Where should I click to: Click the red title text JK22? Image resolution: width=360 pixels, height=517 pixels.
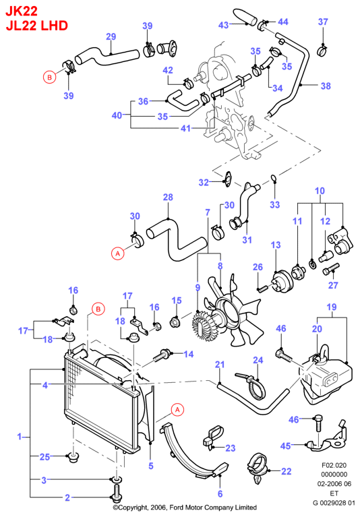click(x=22, y=11)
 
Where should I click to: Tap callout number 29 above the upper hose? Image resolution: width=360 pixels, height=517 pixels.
click(x=111, y=36)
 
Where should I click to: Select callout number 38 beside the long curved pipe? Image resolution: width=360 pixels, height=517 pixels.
click(x=326, y=86)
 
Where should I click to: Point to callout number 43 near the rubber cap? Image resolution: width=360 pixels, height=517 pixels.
click(x=224, y=25)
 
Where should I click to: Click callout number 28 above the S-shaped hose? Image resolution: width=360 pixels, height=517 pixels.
click(x=168, y=197)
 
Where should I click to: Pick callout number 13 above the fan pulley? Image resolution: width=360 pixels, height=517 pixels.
click(x=276, y=245)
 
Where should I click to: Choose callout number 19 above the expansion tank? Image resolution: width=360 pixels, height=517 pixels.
click(x=331, y=307)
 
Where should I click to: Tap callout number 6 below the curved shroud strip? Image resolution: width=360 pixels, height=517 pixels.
click(x=220, y=493)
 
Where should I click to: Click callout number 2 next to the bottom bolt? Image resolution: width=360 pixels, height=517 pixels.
click(x=67, y=497)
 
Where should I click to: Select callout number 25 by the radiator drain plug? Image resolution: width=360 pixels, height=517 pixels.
click(x=44, y=456)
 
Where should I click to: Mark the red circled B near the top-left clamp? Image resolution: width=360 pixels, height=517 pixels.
click(x=49, y=77)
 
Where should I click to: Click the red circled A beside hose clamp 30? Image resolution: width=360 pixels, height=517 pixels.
click(x=118, y=253)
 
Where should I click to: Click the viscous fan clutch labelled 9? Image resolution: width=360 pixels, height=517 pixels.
click(x=202, y=325)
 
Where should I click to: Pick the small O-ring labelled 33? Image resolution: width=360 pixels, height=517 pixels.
click(x=274, y=179)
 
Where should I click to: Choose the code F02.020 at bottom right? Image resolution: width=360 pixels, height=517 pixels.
click(x=334, y=465)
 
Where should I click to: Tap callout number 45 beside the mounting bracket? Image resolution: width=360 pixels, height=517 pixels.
click(x=285, y=446)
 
